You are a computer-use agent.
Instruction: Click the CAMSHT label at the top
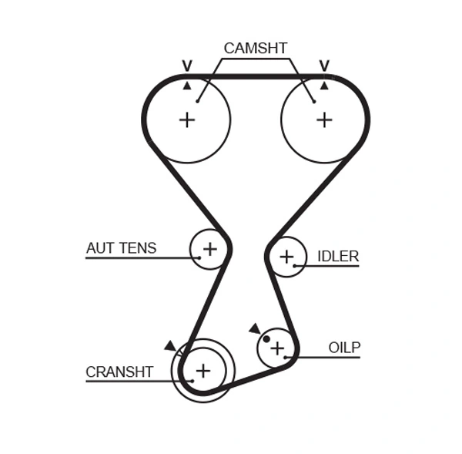255,48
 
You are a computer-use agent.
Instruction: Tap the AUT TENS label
121,248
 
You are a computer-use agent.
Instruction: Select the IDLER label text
338,256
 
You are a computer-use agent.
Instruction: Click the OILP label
344,348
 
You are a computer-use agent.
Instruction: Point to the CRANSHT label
119,372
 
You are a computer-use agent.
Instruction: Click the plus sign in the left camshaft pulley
186,119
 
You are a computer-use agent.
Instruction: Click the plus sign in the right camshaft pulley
324,119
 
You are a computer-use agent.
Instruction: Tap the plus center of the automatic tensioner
209,248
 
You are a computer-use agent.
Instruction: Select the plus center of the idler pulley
286,256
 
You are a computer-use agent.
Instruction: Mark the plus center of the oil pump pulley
276,348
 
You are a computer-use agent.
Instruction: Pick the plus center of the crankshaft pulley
202,371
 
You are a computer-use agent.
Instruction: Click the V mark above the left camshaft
186,66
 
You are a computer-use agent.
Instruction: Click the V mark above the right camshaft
324,66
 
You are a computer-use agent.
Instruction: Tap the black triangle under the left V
186,85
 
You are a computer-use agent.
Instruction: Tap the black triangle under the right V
324,85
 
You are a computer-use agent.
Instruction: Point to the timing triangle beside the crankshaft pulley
169,346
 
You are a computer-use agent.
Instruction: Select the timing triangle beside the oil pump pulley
255,328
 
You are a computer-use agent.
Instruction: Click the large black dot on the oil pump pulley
266,338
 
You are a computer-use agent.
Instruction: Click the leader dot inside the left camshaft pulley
198,99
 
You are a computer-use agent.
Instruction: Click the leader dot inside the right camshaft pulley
313,99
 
